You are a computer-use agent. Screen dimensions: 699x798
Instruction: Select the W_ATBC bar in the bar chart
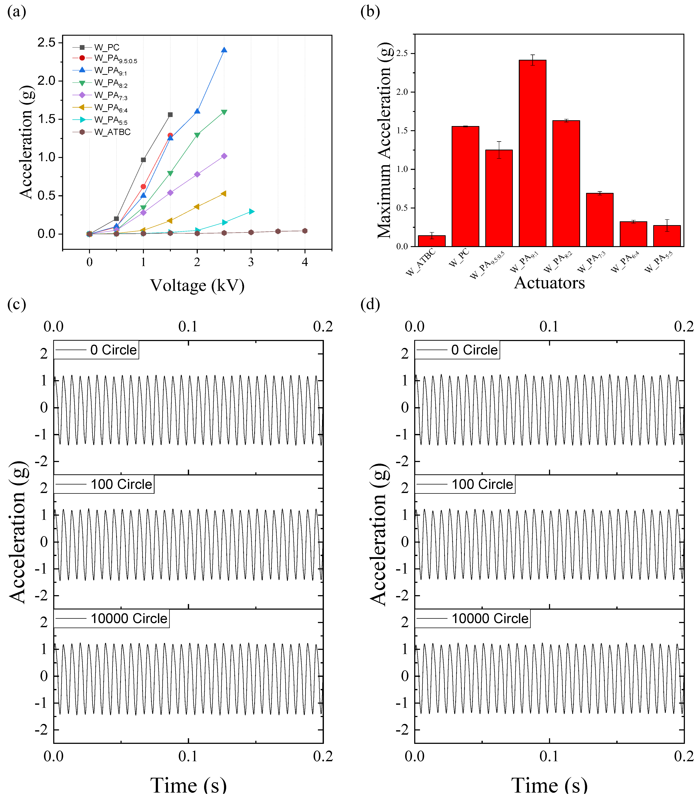(x=432, y=241)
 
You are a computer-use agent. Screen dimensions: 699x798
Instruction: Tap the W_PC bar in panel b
(x=465, y=186)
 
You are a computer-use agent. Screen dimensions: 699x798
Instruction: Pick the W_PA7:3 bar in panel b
(x=599, y=220)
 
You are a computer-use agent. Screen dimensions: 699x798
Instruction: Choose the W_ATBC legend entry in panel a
(x=101, y=132)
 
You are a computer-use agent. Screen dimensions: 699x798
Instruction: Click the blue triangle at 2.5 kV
(x=224, y=50)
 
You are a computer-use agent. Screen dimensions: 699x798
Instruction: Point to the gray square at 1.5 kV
(x=170, y=115)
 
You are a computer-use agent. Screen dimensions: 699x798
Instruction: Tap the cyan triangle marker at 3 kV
(x=252, y=212)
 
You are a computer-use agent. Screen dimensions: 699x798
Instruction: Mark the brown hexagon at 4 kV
(x=305, y=231)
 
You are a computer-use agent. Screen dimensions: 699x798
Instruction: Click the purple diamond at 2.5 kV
(x=224, y=156)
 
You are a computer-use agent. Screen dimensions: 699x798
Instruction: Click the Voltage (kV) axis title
(x=197, y=285)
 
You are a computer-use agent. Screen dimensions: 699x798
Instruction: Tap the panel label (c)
(x=17, y=304)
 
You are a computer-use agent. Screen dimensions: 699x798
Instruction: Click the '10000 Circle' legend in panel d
(x=472, y=618)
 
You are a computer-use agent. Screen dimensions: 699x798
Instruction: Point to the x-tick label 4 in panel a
(x=305, y=262)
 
